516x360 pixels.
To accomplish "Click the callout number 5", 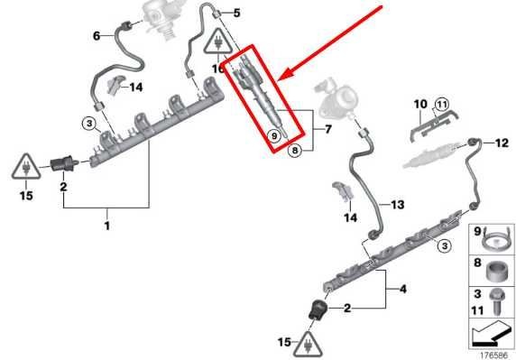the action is click(237, 14).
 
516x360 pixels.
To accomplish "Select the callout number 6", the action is click(97, 35).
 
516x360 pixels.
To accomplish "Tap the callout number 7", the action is click(327, 129).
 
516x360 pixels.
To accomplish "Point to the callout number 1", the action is click(107, 226).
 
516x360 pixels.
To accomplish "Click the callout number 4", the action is click(403, 290).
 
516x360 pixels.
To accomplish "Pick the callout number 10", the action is click(420, 104).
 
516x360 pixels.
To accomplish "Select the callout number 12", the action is click(502, 143).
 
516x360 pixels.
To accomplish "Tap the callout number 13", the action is click(398, 205).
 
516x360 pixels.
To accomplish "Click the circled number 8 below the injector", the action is click(294, 151).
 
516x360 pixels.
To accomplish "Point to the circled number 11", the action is click(442, 105).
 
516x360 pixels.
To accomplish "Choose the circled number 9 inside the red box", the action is click(274, 135).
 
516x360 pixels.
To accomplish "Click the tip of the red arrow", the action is click(278, 80).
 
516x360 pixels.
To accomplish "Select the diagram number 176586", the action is click(493, 355).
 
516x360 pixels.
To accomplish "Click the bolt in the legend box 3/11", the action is click(496, 301).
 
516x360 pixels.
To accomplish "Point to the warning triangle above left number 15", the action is click(26, 168).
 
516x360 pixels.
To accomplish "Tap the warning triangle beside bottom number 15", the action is click(308, 346).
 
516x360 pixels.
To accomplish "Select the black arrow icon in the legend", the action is click(491, 334).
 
